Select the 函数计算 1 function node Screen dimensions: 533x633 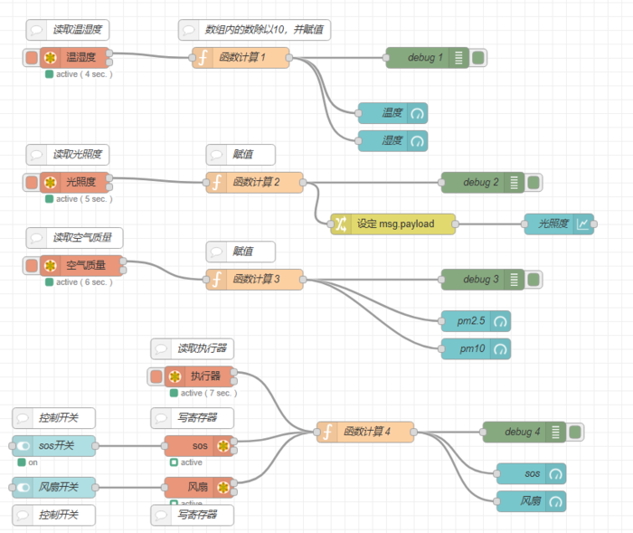click(241, 58)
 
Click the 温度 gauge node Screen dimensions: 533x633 click(392, 113)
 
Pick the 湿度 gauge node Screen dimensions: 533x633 click(392, 141)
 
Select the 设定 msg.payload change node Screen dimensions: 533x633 click(393, 224)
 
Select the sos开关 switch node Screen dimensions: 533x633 click(53, 446)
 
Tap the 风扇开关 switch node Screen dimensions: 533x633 click(53, 488)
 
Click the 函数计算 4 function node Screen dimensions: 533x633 click(365, 433)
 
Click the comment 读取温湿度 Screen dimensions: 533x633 click(68, 30)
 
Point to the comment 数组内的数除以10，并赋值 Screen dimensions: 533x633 click(255, 30)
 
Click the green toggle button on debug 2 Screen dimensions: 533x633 click(533, 183)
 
